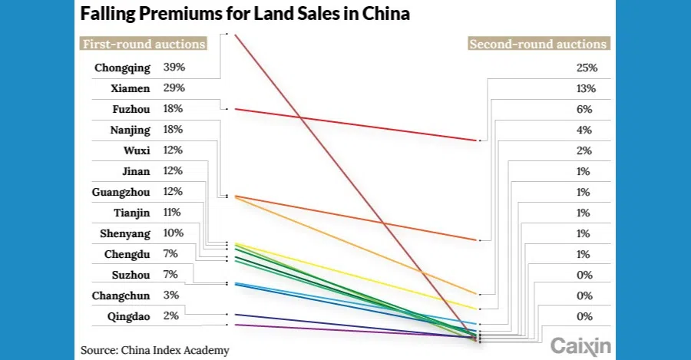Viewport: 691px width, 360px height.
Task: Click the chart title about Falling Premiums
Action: [x=245, y=15]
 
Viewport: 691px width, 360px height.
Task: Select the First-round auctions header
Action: [x=144, y=44]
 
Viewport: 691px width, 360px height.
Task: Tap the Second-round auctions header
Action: [x=538, y=44]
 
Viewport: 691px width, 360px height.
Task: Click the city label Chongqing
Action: [x=122, y=68]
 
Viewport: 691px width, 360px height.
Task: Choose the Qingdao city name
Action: [x=130, y=316]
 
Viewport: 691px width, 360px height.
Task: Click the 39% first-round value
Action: [x=174, y=68]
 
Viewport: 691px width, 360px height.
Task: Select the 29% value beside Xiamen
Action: [x=174, y=88]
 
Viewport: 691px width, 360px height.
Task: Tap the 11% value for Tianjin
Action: [x=172, y=213]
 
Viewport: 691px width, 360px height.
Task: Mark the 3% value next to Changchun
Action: [x=171, y=296]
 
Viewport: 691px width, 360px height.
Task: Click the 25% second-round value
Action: [x=587, y=68]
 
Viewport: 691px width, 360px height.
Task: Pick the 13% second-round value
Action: [x=587, y=88]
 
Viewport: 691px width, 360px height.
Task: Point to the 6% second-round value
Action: [x=584, y=109]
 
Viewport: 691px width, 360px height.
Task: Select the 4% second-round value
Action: [x=584, y=130]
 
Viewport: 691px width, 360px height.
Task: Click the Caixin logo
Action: [x=581, y=347]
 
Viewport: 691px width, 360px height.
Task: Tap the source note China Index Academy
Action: [x=155, y=350]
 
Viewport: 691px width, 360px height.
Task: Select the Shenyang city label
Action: [x=125, y=233]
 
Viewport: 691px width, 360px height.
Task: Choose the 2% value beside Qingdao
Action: [x=171, y=316]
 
